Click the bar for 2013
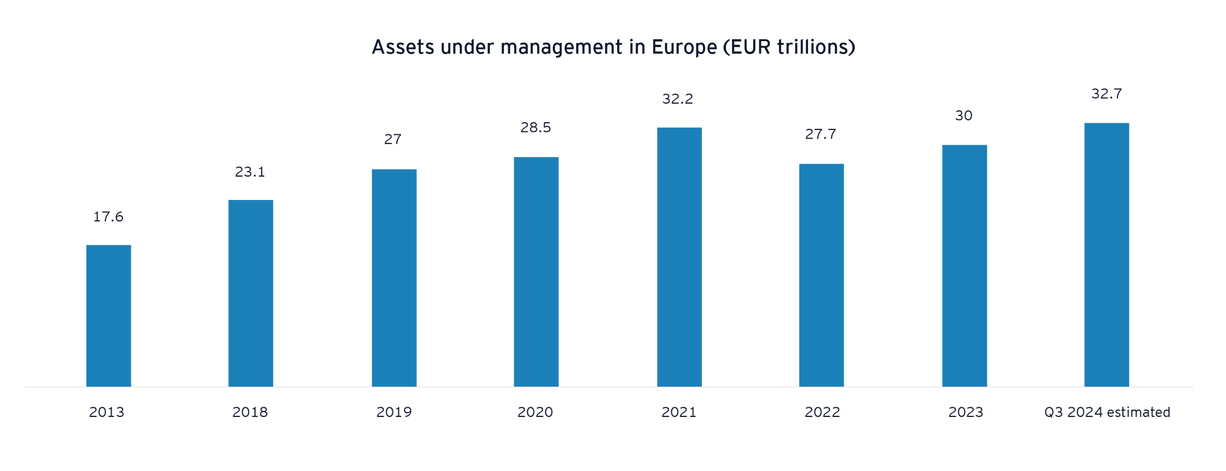point(108,315)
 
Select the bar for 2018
point(251,293)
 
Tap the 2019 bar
point(394,277)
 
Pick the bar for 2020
point(536,271)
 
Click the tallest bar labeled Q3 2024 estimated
point(1106,254)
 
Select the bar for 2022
point(821,274)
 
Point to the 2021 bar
point(679,256)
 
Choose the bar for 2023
point(964,265)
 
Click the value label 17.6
point(108,217)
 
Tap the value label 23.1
point(250,172)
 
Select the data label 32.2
point(677,99)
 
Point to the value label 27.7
point(820,135)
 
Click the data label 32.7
point(1106,94)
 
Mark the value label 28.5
point(535,128)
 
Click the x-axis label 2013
point(107,412)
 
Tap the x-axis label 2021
point(678,412)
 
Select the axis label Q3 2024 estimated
point(1107,412)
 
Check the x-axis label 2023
point(965,412)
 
